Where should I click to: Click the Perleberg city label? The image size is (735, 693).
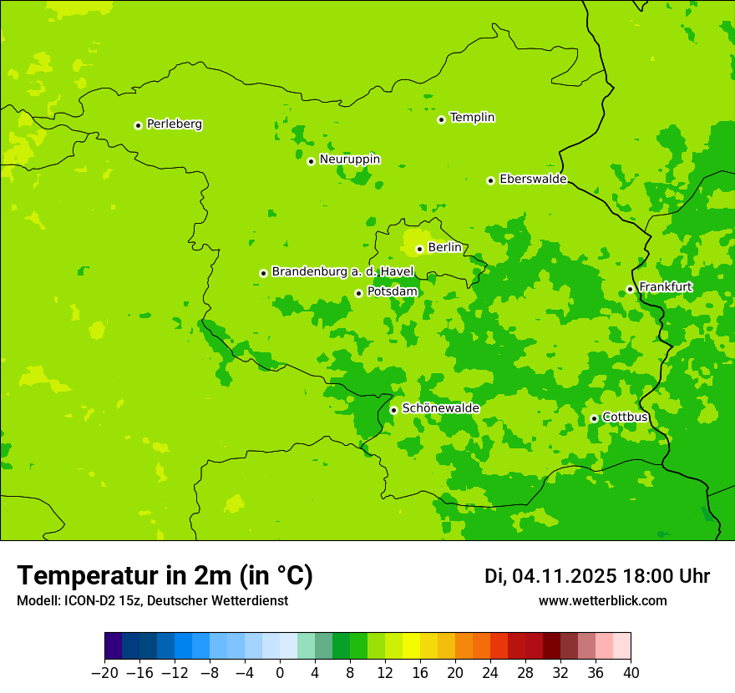point(174,124)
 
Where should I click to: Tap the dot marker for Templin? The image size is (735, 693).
point(441,119)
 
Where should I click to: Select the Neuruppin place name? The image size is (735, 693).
point(349,159)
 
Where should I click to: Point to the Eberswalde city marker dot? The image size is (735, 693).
point(491,180)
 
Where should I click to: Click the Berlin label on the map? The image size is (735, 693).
point(444,248)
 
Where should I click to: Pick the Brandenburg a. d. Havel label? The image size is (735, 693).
point(342,272)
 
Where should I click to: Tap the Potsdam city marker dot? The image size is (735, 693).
point(358,293)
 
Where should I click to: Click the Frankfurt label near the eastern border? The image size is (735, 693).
point(665,287)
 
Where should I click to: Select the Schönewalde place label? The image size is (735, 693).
point(440,408)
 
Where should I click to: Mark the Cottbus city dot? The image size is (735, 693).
point(594,418)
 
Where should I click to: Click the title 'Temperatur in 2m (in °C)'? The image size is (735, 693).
point(165,576)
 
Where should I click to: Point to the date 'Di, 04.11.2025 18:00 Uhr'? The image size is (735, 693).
point(597,576)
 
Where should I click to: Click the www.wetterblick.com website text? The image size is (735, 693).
point(602,601)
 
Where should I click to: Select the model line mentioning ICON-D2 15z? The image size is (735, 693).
point(152,601)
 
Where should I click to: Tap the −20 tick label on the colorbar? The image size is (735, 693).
point(104,673)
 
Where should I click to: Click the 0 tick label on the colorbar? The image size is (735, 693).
point(280,673)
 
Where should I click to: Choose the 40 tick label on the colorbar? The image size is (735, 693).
point(631,673)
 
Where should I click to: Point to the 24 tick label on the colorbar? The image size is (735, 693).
point(490,673)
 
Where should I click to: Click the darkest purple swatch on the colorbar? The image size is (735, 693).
point(114,646)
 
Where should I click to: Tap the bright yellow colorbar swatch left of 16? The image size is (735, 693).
point(411,646)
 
